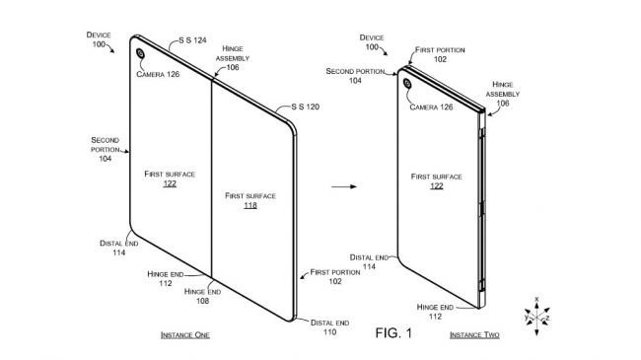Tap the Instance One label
coord(184,336)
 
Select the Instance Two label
coord(474,336)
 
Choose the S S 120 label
coord(303,106)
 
